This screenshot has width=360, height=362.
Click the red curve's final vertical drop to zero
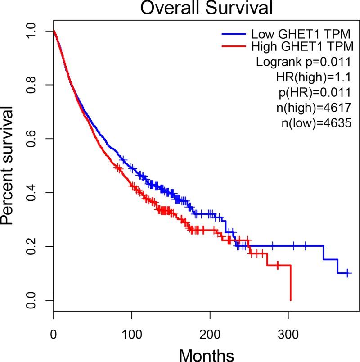pos(291,284)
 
